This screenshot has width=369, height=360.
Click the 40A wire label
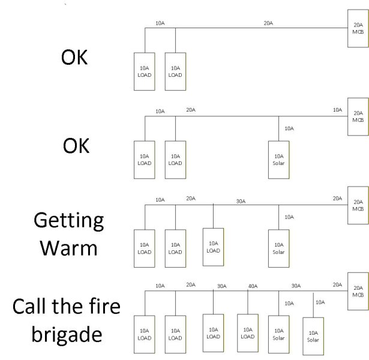click(252, 286)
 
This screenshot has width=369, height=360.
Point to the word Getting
click(68, 220)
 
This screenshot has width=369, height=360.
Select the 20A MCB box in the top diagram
click(358, 28)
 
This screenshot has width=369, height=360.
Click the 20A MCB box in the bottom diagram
click(358, 291)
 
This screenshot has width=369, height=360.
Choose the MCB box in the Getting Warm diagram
click(358, 205)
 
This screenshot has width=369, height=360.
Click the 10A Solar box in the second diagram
click(278, 159)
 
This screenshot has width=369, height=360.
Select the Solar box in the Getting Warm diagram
click(278, 247)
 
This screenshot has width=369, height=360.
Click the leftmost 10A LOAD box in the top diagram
click(144, 71)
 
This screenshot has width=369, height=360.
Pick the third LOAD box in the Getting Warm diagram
click(213, 246)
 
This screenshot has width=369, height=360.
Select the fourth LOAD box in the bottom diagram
click(248, 333)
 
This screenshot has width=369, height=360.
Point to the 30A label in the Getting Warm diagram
click(240, 202)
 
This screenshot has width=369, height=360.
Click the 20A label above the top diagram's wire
click(268, 23)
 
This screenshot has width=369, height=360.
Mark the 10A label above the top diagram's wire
click(160, 23)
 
